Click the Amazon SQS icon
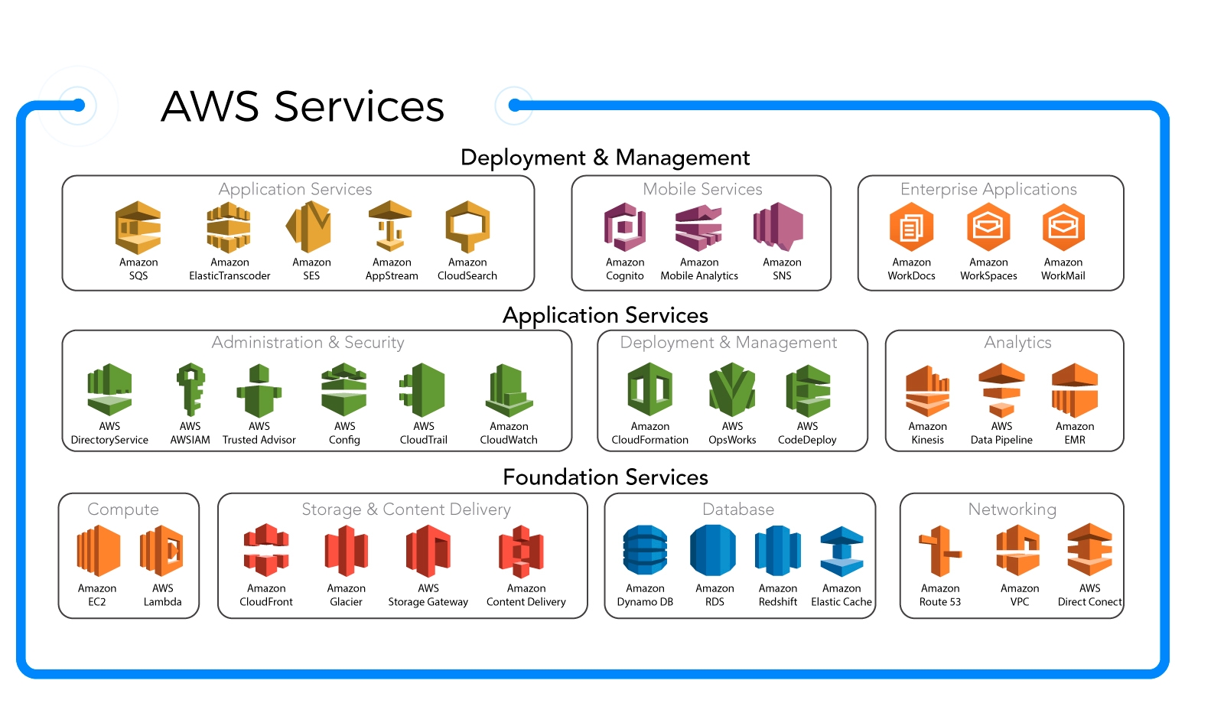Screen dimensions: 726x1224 point(138,228)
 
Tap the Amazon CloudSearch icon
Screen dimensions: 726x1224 point(467,226)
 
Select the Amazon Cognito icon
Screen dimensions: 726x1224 point(625,227)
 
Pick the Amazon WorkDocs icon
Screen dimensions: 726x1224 point(911,227)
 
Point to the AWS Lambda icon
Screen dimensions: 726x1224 point(162,551)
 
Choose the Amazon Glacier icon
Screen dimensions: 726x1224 point(346,551)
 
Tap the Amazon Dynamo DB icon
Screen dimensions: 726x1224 point(645,550)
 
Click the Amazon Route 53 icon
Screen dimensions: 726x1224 point(939,551)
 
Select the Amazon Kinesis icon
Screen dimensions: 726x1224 point(927,390)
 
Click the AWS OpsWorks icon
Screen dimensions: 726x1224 point(732,389)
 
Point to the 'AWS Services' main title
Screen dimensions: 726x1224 point(303,106)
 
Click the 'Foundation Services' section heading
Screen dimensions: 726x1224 point(605,477)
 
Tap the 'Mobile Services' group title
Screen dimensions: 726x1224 point(702,189)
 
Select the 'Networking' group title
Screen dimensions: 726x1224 point(1012,510)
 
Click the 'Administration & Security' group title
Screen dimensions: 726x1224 point(308,343)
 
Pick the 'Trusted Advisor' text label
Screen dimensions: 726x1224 point(259,440)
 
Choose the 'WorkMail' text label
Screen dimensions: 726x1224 point(1063,276)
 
